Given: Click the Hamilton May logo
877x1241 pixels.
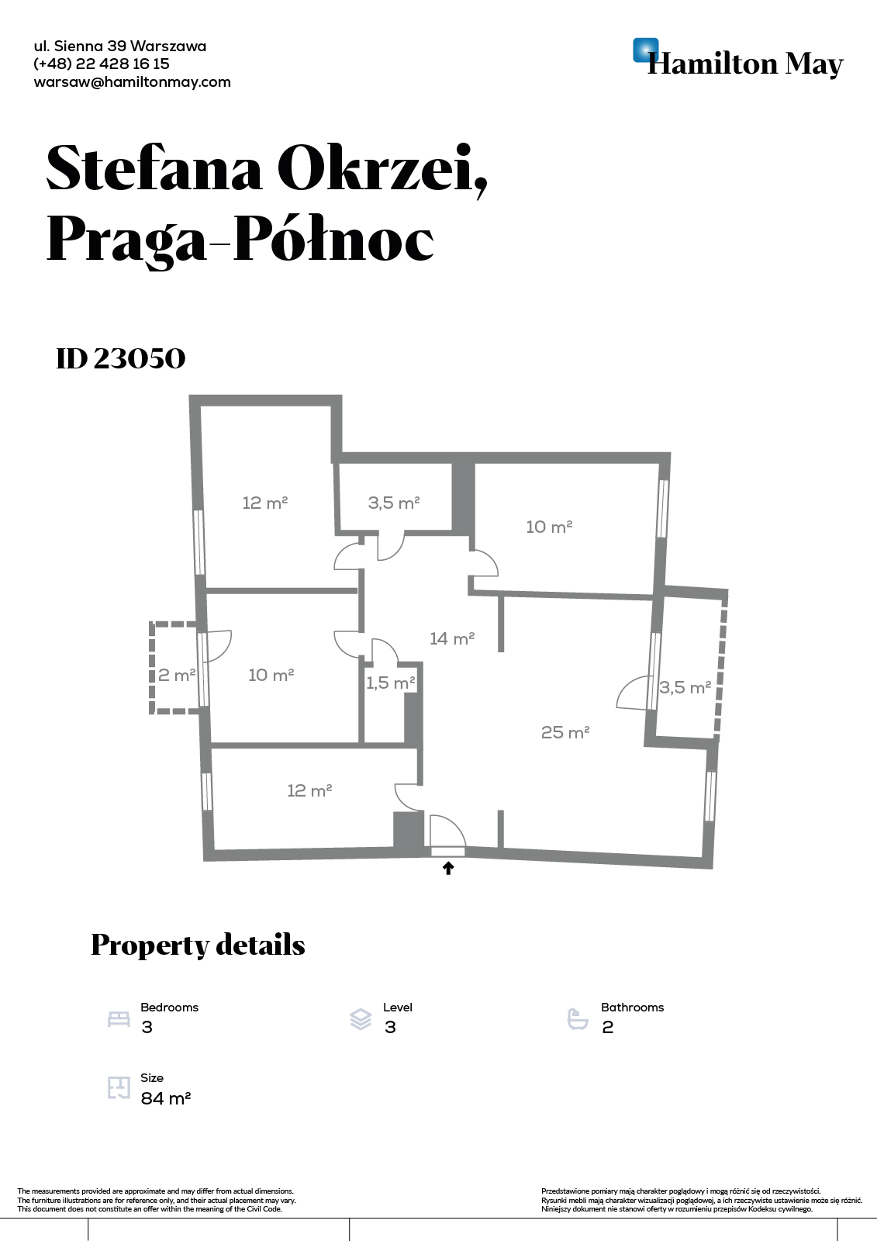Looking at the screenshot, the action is pos(738,58).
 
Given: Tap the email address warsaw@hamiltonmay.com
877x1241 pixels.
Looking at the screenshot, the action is pos(132,82).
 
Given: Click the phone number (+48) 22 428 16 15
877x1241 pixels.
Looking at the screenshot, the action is pos(102,64).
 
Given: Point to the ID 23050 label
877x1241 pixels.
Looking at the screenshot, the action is pos(121,358).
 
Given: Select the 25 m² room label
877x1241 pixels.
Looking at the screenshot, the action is pos(565,732).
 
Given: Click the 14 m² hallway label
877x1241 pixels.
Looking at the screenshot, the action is pos(452,639).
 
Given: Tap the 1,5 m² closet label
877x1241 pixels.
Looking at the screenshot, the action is pos(391,683).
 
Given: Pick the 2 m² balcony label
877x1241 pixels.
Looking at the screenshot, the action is pos(177,675).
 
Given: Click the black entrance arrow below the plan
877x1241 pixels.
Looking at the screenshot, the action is pos(448,868).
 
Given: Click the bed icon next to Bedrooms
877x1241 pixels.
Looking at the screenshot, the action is pos(119,1019).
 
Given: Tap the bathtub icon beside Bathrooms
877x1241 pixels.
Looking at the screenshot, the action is pos(578,1019).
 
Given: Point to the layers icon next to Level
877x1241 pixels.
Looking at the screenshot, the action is pos(361,1019).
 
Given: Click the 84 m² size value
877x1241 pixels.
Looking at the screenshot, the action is pos(166,1098).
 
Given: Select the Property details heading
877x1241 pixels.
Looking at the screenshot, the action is pos(198,945).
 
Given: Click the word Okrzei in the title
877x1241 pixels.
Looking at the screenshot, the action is pos(382,168).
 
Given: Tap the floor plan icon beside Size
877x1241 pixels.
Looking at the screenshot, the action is pos(119,1087).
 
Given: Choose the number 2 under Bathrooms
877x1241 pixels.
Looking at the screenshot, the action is pos(608,1027).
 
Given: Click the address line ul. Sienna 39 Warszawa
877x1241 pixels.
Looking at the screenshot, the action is pos(119,46).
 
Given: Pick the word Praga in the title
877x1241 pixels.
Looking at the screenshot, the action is pos(126,240).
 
